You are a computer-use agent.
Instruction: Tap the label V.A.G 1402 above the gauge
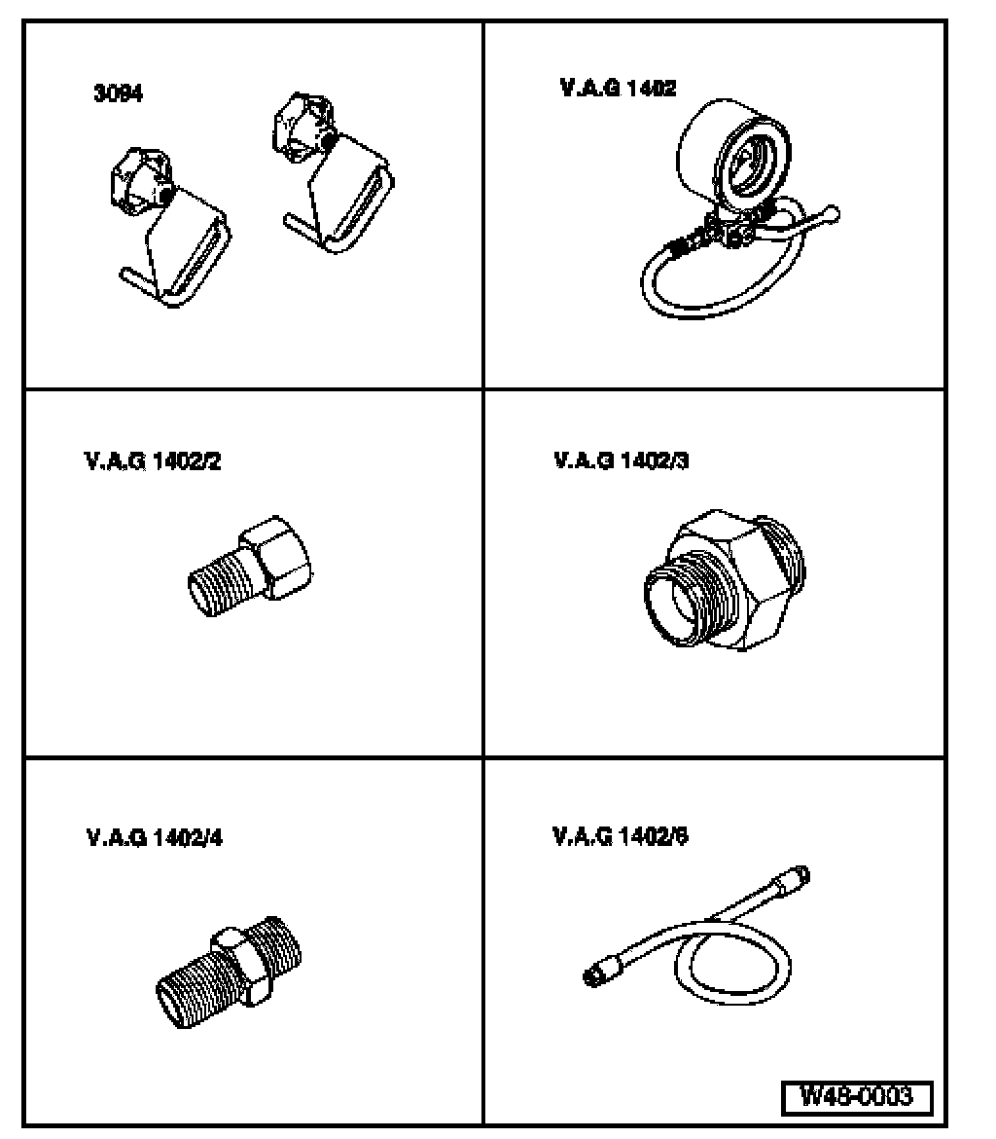tap(618, 88)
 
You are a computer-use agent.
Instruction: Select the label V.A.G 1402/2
tap(152, 460)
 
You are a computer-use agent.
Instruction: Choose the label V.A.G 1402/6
tap(622, 834)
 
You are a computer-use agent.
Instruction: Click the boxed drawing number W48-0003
tap(857, 1096)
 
